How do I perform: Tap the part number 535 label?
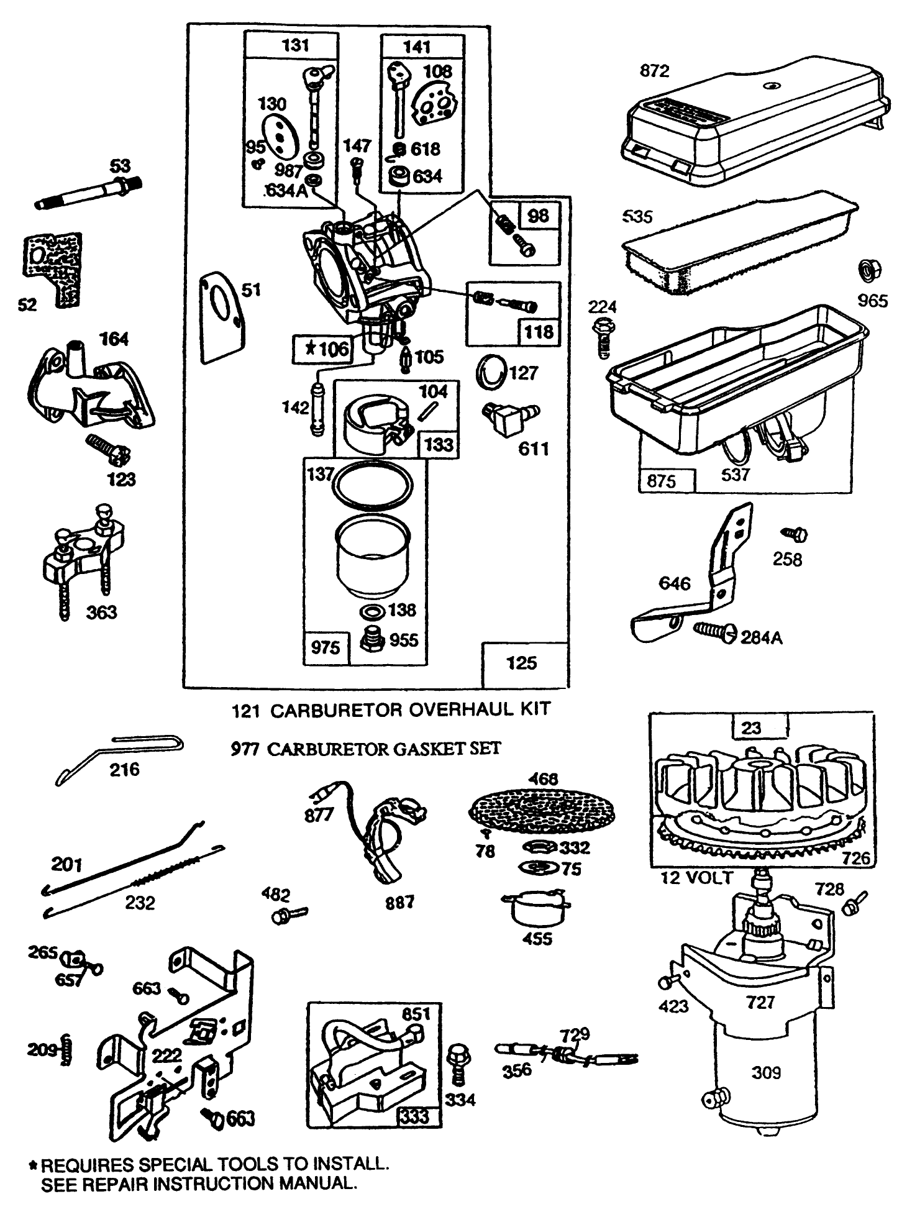637,216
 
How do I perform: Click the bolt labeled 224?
603,335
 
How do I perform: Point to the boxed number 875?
661,481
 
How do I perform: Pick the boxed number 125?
521,663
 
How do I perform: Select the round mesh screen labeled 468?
542,810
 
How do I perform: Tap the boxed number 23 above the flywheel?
751,727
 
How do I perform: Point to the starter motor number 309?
766,1072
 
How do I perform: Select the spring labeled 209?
66,1049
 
